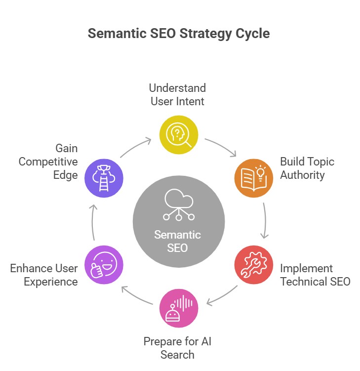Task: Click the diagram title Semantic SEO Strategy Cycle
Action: [179, 34]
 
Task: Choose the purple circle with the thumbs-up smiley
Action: [104, 265]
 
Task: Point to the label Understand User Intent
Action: [177, 95]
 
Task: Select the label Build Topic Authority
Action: [307, 168]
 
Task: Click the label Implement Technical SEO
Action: [315, 275]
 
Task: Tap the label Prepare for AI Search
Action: [177, 348]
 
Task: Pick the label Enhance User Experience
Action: [44, 275]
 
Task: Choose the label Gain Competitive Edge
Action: [48, 162]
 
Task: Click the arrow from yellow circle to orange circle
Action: [222, 145]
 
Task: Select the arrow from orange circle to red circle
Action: [265, 220]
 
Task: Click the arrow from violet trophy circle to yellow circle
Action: [135, 147]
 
